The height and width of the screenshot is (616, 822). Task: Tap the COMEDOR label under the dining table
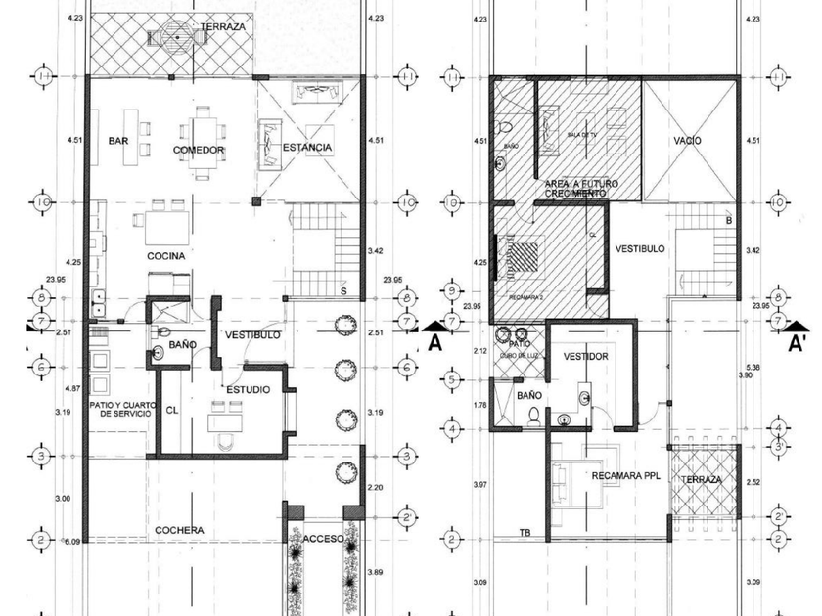(199, 151)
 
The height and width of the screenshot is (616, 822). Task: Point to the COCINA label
(166, 256)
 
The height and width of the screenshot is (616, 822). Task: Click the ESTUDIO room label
(249, 389)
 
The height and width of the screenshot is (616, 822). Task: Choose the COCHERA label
(179, 530)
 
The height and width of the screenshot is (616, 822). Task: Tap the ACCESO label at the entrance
(322, 540)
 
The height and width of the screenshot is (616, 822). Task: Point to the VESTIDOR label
(585, 357)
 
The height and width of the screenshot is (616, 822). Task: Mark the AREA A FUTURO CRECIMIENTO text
(576, 189)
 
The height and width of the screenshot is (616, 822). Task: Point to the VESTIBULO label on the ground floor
(252, 335)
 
